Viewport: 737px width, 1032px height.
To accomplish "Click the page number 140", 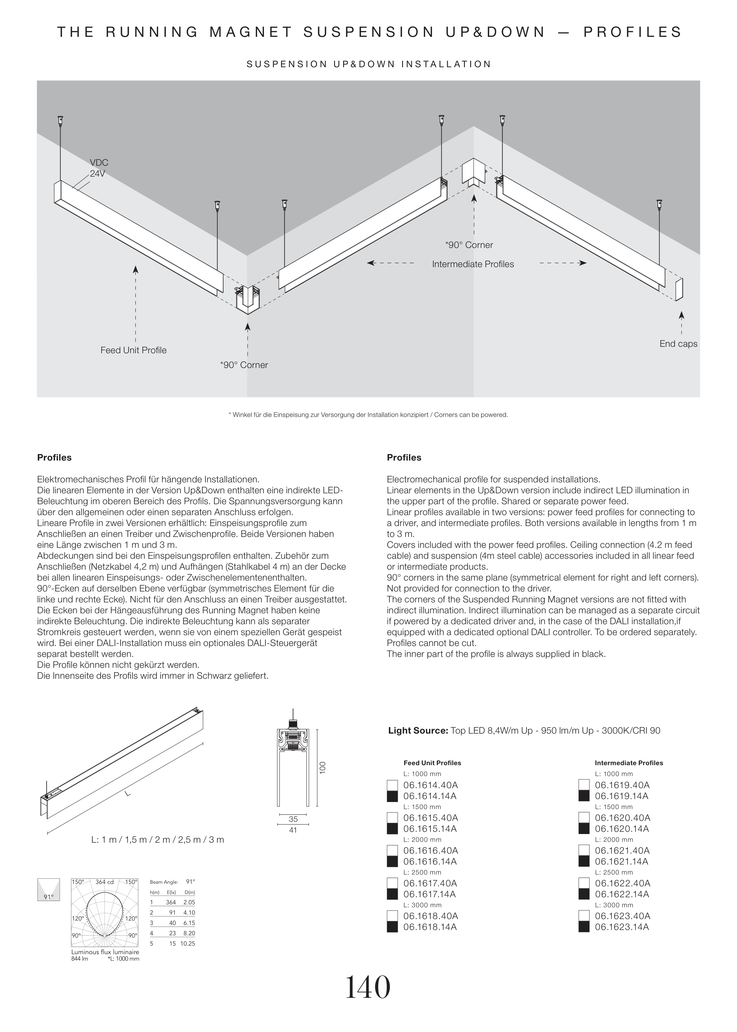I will (368, 987).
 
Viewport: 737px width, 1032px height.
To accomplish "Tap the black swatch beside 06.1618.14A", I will (392, 927).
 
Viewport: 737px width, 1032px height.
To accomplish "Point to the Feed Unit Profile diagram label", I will (134, 350).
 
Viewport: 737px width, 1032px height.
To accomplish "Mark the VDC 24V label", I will (98, 168).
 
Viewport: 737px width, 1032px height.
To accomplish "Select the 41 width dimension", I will (293, 830).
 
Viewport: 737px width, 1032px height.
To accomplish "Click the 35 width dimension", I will (293, 819).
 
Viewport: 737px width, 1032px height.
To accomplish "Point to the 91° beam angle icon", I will (48, 890).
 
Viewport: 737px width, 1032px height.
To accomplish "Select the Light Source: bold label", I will (418, 731).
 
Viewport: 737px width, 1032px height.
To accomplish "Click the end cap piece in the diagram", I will (679, 289).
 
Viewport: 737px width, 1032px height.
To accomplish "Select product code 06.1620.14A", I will (622, 829).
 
